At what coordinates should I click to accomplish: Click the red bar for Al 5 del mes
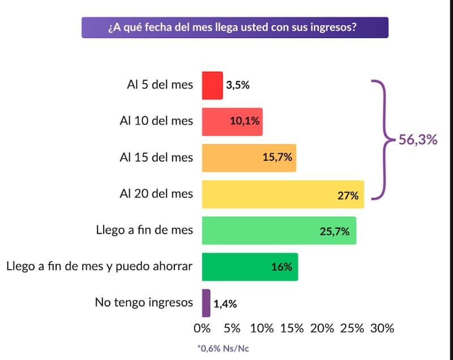212,85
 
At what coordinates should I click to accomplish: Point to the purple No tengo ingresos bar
206,303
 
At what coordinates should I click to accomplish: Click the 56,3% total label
418,140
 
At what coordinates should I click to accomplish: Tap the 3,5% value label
238,86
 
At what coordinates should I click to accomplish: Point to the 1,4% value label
225,304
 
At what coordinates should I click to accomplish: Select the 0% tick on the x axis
202,328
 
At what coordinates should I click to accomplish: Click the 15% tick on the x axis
292,328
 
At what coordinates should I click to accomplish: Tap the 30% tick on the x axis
382,328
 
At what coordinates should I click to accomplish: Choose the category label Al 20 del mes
156,194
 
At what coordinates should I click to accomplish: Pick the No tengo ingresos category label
144,303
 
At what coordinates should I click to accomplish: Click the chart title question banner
235,27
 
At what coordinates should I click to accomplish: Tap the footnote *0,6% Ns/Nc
223,349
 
